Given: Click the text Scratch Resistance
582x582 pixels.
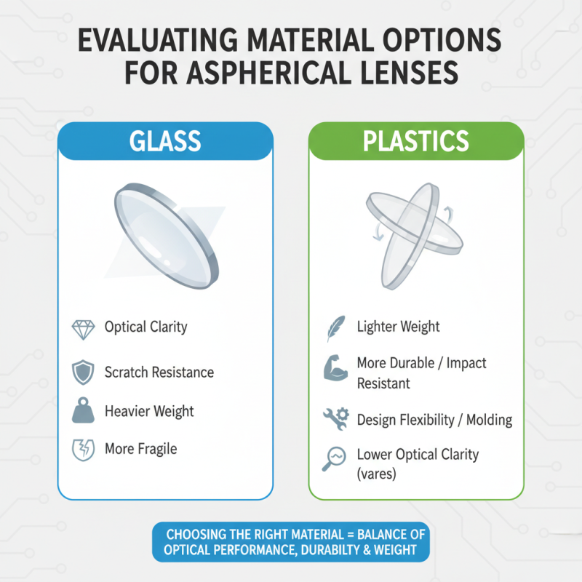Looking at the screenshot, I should [x=159, y=372].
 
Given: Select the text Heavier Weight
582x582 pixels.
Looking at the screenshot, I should [x=149, y=411].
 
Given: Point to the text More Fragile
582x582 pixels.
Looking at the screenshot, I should [x=140, y=449].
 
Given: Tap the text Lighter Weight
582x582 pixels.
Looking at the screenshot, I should [x=399, y=327].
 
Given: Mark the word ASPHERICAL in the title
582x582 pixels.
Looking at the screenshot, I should [x=280, y=75].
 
